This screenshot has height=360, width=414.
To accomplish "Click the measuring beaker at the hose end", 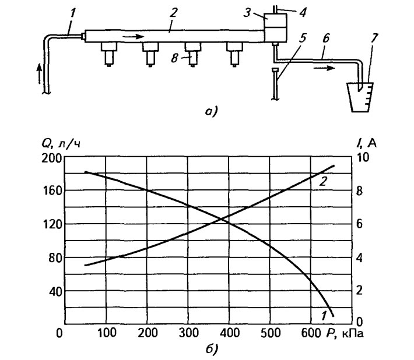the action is click(360, 97).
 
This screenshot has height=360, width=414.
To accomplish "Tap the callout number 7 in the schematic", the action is click(374, 39).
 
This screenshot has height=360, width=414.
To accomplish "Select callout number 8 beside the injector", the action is click(174, 58).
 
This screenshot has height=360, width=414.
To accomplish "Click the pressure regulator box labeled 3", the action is click(275, 28).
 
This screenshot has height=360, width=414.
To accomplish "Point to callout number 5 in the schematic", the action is click(303, 38).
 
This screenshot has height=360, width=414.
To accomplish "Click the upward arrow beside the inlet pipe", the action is click(39, 73).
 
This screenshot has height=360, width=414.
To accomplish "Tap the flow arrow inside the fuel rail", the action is click(134, 36).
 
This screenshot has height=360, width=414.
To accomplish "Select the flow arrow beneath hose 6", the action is click(324, 68).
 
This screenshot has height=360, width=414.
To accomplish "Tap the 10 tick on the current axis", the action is click(363, 157).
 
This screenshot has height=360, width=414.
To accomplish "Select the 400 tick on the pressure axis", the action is click(229, 333).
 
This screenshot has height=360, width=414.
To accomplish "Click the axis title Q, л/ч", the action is click(61, 144).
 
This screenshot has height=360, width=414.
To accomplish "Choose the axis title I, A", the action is click(366, 143).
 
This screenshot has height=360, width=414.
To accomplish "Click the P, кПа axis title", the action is click(345, 334).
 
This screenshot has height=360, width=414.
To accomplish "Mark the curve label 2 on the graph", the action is click(323, 181).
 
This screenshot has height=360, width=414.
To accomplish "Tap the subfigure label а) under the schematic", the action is click(211, 112).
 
